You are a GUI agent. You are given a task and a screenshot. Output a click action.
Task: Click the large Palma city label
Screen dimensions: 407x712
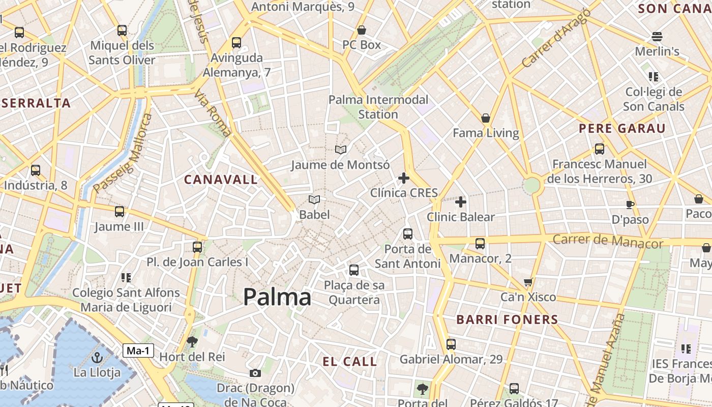(277, 297)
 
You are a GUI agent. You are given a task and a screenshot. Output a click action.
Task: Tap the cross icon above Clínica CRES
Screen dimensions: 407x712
(404, 178)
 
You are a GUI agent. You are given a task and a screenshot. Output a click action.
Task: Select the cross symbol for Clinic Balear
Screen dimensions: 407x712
(461, 202)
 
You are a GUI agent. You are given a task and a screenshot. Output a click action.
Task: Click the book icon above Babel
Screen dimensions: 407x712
(314, 200)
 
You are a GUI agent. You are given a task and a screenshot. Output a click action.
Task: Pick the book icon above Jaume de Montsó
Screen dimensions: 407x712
(340, 150)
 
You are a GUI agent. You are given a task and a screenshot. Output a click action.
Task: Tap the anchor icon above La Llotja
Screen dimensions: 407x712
(97, 357)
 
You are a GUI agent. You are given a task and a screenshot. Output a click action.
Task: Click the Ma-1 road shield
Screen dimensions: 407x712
(138, 350)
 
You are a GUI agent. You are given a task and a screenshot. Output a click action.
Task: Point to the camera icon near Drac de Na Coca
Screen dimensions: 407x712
(255, 373)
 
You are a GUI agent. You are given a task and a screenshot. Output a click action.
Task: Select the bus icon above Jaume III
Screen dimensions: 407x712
(120, 212)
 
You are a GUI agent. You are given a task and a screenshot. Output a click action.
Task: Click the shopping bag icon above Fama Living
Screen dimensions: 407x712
(486, 118)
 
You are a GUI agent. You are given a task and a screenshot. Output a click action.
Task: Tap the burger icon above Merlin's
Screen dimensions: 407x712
(657, 37)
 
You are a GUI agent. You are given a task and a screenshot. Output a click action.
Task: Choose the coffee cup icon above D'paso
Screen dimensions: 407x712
(630, 205)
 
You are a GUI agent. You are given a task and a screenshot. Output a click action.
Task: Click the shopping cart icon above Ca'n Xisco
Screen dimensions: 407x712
(528, 282)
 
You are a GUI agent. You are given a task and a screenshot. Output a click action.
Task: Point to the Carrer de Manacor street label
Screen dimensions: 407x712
(608, 241)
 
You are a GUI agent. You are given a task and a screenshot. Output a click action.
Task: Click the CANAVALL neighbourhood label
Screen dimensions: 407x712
(221, 180)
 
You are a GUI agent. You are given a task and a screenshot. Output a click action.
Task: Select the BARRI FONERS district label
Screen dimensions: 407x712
(507, 319)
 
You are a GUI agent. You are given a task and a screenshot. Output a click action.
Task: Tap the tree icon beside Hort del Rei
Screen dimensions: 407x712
(192, 342)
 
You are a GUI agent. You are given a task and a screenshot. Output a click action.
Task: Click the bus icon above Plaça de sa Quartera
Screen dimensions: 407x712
(354, 270)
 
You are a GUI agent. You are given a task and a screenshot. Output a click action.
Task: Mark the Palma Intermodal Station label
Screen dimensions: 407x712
(378, 107)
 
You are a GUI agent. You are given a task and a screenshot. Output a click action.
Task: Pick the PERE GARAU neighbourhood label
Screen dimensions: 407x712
(622, 128)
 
